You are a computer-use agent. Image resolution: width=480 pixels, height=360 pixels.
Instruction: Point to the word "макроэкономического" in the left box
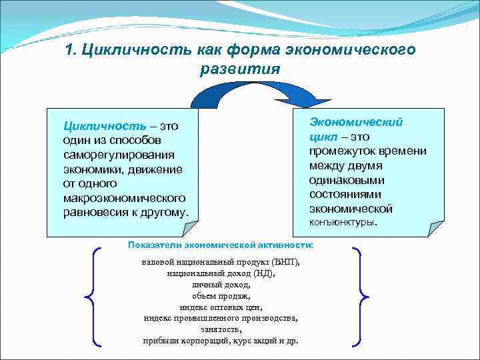pyautogui.click(x=124, y=199)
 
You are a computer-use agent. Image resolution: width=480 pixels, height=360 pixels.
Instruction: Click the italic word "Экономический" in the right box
pyautogui.click(x=356, y=121)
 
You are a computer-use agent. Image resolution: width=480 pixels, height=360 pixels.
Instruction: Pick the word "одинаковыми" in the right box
pyautogui.click(x=347, y=180)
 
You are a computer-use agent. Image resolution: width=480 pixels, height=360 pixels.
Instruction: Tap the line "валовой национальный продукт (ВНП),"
pyautogui.click(x=221, y=262)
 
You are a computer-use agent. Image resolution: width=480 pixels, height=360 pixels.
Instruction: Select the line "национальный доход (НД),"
pyautogui.click(x=221, y=273)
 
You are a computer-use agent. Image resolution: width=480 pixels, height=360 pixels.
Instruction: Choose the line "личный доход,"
pyautogui.click(x=221, y=285)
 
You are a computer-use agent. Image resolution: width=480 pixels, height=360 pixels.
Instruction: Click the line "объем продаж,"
pyautogui.click(x=221, y=296)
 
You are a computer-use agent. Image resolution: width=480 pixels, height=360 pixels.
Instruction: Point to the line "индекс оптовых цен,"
pyautogui.click(x=221, y=307)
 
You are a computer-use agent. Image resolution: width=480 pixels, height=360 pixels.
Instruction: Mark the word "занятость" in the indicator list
pyautogui.click(x=221, y=329)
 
